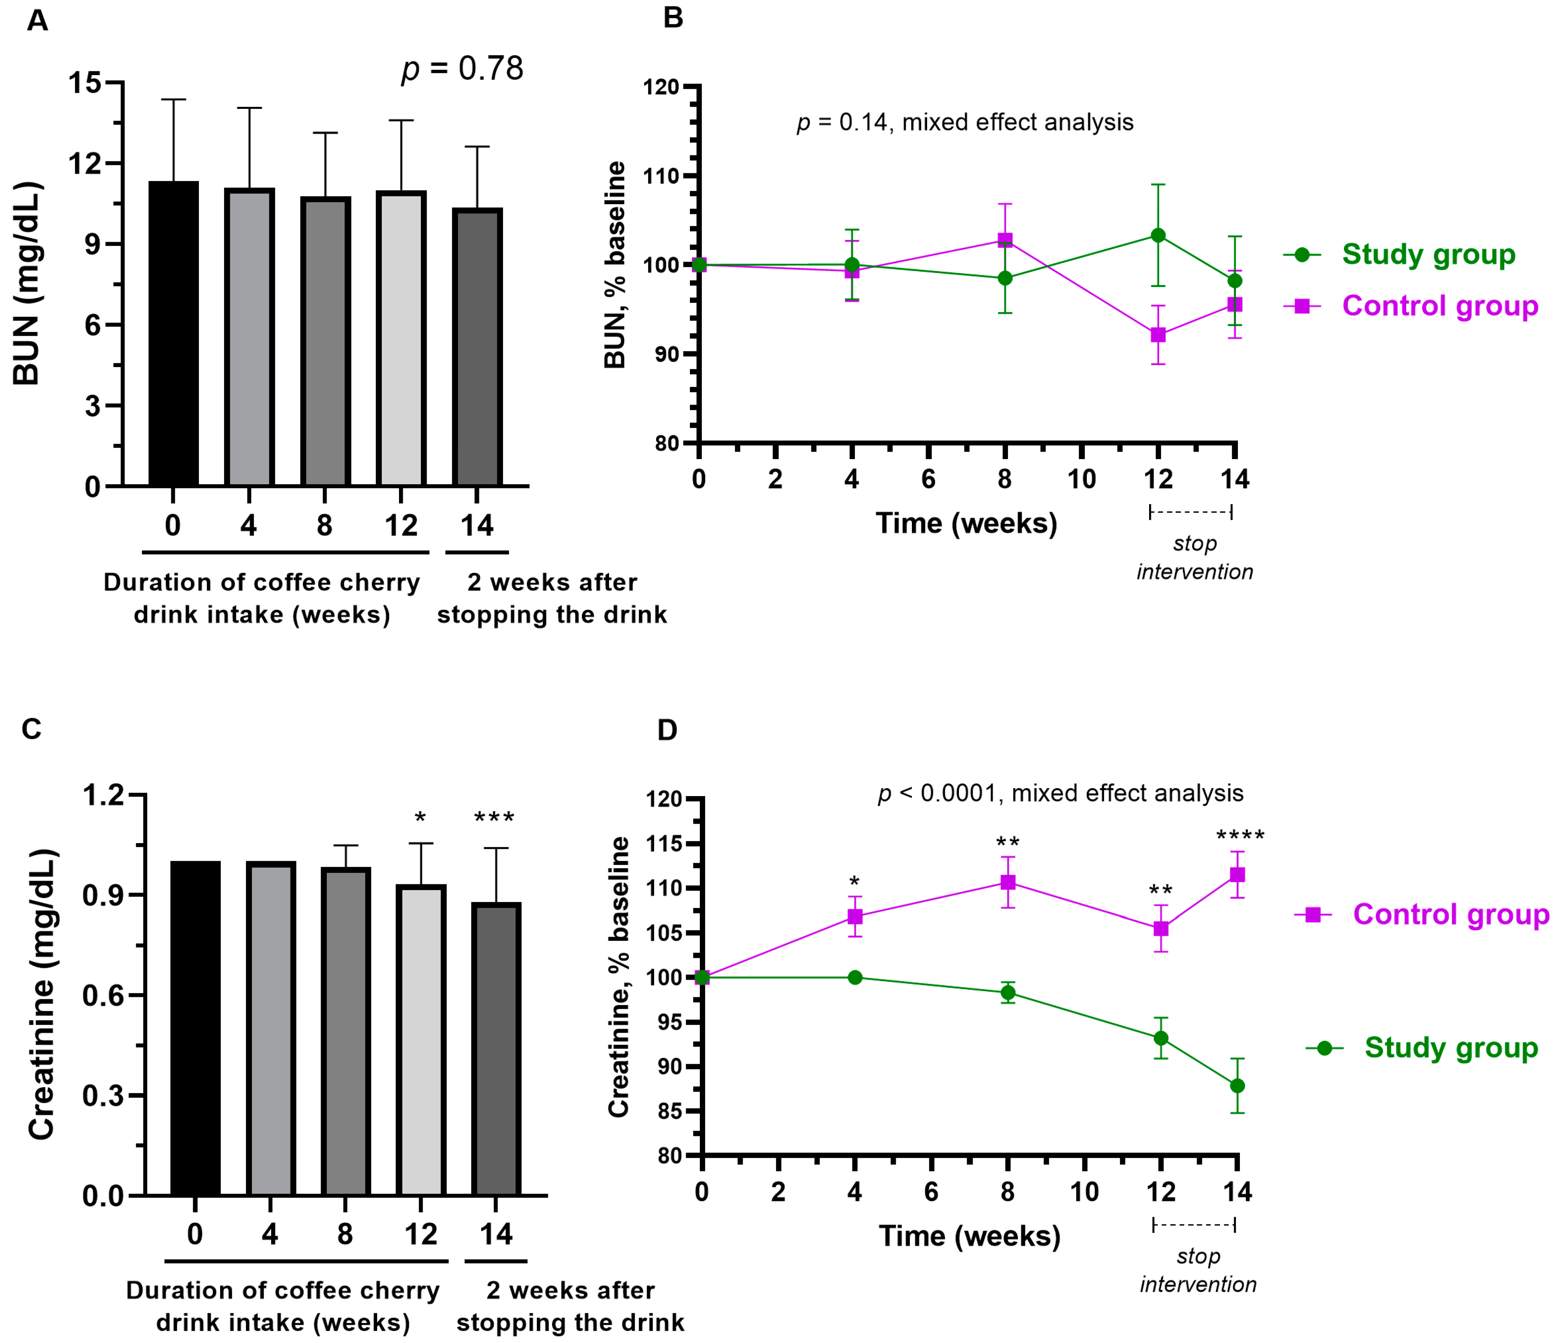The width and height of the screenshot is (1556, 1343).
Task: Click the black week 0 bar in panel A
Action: coord(173,334)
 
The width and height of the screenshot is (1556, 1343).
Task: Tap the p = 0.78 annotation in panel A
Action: coord(462,69)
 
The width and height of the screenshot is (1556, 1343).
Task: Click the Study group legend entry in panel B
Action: coord(1427,254)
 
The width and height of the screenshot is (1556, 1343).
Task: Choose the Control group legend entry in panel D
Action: coord(1450,914)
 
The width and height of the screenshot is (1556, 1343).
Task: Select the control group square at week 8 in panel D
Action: coord(1008,882)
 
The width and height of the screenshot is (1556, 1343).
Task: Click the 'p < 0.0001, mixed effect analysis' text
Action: coord(1060,794)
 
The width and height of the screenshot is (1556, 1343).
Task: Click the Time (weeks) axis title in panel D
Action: coord(970,1237)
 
